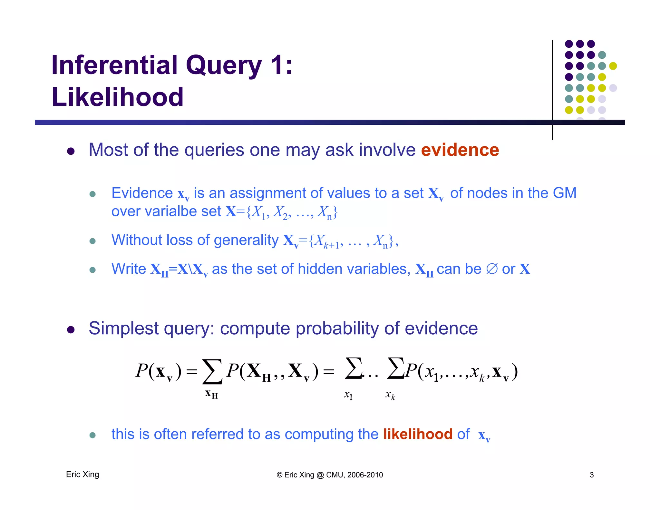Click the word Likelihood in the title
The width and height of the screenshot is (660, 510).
117,97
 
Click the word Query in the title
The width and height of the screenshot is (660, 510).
223,65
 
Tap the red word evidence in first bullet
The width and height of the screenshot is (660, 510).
460,150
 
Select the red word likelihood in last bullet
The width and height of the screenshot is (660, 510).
418,434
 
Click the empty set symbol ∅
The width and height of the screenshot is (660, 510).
492,269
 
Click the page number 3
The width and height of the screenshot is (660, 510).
591,475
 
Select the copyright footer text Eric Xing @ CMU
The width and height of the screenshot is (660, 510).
330,475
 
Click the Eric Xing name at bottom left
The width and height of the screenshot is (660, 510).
82,474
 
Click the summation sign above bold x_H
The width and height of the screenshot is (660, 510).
212,372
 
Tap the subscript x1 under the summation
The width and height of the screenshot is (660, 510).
348,395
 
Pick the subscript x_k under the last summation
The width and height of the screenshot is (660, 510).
390,395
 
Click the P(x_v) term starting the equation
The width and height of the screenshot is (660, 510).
158,371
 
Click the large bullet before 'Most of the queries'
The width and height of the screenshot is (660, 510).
71,151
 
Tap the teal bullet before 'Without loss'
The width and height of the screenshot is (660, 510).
92,241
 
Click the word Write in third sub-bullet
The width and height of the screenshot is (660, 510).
129,269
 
